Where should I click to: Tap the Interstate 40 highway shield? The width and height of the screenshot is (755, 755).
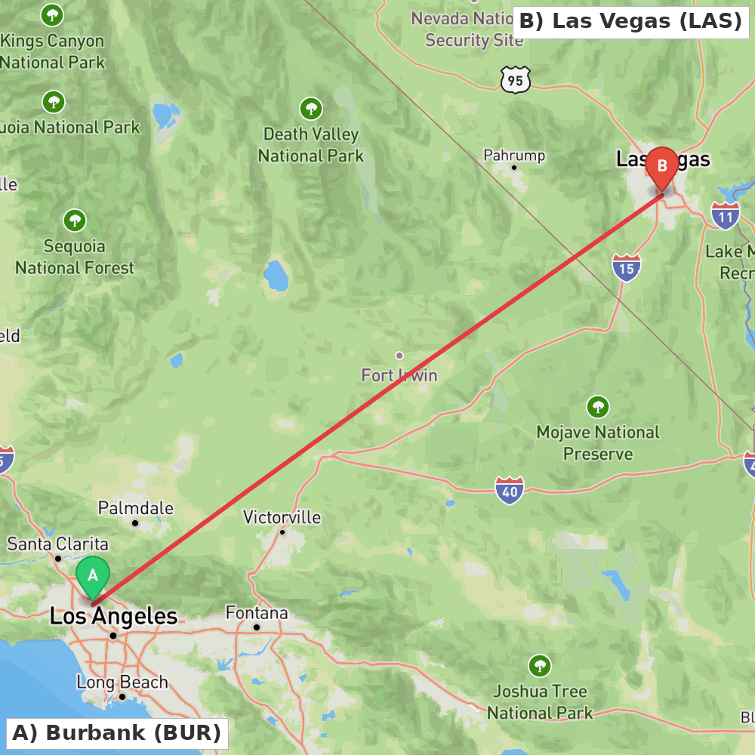click(x=510, y=490)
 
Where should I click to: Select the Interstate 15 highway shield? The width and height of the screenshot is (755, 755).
click(x=627, y=267)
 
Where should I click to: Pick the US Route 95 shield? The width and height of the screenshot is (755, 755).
click(x=515, y=79)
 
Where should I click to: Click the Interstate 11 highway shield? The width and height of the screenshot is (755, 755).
click(x=725, y=215)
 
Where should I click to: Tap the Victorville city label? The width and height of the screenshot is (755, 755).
click(x=282, y=518)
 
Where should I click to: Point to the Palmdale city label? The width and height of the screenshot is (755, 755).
click(x=136, y=509)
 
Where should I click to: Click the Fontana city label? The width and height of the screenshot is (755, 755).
click(x=257, y=613)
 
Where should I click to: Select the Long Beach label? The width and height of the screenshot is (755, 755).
click(x=122, y=683)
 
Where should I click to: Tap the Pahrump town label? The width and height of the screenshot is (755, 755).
click(x=514, y=156)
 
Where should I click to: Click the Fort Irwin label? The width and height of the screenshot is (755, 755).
click(x=399, y=374)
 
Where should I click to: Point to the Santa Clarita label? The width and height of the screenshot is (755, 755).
click(x=58, y=544)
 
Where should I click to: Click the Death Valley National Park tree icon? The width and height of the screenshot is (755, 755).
click(x=311, y=109)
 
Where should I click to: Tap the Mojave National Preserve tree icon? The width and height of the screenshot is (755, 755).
click(x=598, y=407)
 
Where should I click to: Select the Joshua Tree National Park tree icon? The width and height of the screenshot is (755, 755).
click(x=539, y=666)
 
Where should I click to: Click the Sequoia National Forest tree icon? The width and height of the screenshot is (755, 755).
click(x=74, y=220)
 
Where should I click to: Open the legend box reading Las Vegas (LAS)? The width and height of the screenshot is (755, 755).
click(x=630, y=21)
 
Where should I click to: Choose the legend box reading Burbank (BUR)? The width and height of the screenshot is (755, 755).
click(x=116, y=732)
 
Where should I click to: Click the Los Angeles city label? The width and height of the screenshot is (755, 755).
click(x=113, y=616)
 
